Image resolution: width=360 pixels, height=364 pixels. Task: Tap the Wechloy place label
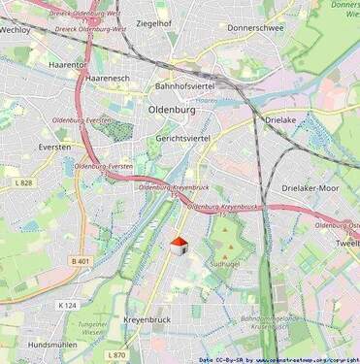click(x=16, y=30)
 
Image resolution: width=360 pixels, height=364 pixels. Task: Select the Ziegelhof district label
click(x=154, y=22)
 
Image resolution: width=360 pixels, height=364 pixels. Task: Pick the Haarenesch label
click(x=108, y=77)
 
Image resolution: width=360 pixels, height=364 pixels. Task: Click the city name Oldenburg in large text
click(x=174, y=110)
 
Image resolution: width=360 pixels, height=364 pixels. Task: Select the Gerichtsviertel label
click(x=182, y=139)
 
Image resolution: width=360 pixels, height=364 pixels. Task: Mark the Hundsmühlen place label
click(x=52, y=345)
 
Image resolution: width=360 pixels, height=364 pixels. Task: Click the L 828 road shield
click(x=25, y=182)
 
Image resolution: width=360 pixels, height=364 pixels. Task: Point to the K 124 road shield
click(x=66, y=306)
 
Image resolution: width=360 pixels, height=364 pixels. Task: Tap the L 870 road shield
click(x=115, y=355)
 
